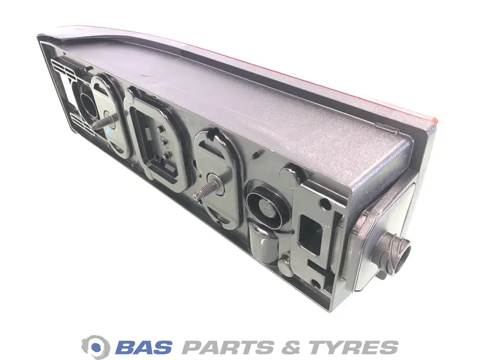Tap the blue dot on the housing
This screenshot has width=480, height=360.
tap(109, 132)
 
